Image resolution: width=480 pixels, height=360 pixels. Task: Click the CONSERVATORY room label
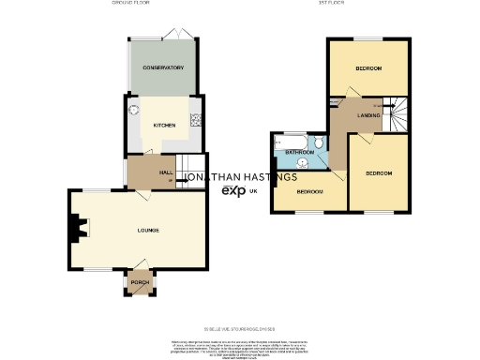click(163, 68)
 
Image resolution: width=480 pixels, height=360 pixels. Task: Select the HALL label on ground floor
click(165, 172)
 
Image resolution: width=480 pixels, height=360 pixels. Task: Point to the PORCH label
click(140, 282)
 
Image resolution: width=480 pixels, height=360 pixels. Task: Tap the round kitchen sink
click(134, 109)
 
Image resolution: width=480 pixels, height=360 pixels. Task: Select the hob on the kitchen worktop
click(197, 119)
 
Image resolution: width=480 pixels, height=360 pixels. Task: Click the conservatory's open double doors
click(182, 35)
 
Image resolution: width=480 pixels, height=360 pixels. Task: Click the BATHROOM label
click(299, 152)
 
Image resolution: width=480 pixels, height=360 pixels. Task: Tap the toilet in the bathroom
click(319, 143)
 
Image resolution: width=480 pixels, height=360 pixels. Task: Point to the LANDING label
click(355, 115)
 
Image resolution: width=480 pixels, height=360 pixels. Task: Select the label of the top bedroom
click(368, 69)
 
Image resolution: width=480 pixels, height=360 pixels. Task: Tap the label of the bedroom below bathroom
click(309, 191)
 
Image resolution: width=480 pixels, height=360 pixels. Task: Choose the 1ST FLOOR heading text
click(367, 5)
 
